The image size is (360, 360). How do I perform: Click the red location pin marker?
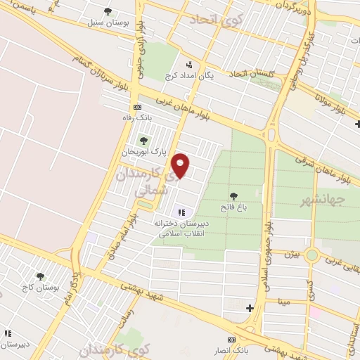tap(181, 165)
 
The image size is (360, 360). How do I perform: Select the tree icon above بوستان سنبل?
tap(107, 11)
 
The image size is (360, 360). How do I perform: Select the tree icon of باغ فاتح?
tap(233, 196)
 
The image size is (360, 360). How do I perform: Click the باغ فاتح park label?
tap(233, 207)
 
